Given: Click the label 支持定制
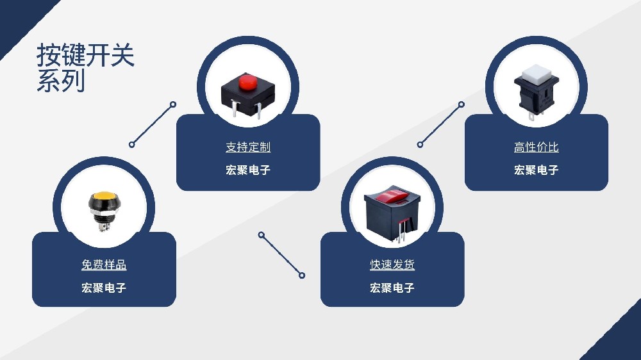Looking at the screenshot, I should (248, 147).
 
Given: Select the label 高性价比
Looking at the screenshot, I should (536, 147).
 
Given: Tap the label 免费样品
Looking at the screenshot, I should (104, 265).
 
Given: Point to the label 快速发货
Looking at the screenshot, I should (392, 265).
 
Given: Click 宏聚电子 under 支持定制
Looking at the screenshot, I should (248, 170).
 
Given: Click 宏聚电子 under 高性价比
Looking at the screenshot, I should (536, 170).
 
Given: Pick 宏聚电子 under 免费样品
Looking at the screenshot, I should (104, 288).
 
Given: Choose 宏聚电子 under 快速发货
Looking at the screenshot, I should (392, 288).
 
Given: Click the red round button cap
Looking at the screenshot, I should (247, 83).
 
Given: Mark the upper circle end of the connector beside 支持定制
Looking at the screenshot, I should (172, 104).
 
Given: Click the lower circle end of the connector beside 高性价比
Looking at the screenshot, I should (420, 145).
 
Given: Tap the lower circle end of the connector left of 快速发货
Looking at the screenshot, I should (302, 275).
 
